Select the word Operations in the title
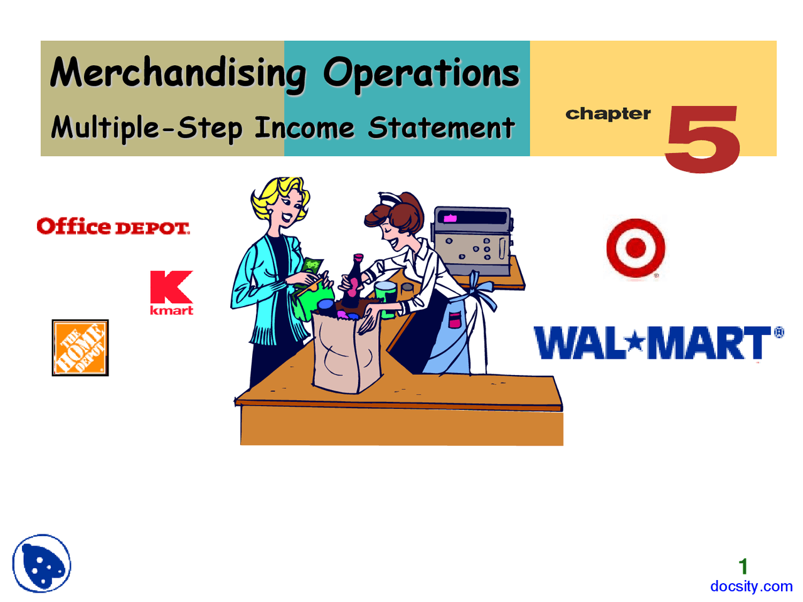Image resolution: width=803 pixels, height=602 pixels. click(x=421, y=73)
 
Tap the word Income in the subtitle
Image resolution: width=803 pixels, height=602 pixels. click(x=304, y=128)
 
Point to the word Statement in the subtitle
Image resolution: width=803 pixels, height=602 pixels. click(x=441, y=128)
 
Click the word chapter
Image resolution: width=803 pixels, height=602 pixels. click(x=608, y=114)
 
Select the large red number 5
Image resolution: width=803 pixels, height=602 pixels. click(x=703, y=139)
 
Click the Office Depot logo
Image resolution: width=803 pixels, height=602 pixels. click(x=113, y=226)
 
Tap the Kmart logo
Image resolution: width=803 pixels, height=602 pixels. click(x=171, y=292)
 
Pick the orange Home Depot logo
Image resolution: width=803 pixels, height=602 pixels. click(x=80, y=348)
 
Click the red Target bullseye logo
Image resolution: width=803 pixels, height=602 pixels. click(x=635, y=248)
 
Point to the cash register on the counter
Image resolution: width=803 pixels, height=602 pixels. click(x=473, y=241)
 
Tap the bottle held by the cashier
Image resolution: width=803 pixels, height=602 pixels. click(x=354, y=280)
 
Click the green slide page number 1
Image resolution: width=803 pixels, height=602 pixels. click(x=743, y=567)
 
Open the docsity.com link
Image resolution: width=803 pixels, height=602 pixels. click(x=751, y=586)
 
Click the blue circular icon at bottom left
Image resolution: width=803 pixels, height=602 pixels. click(x=42, y=563)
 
